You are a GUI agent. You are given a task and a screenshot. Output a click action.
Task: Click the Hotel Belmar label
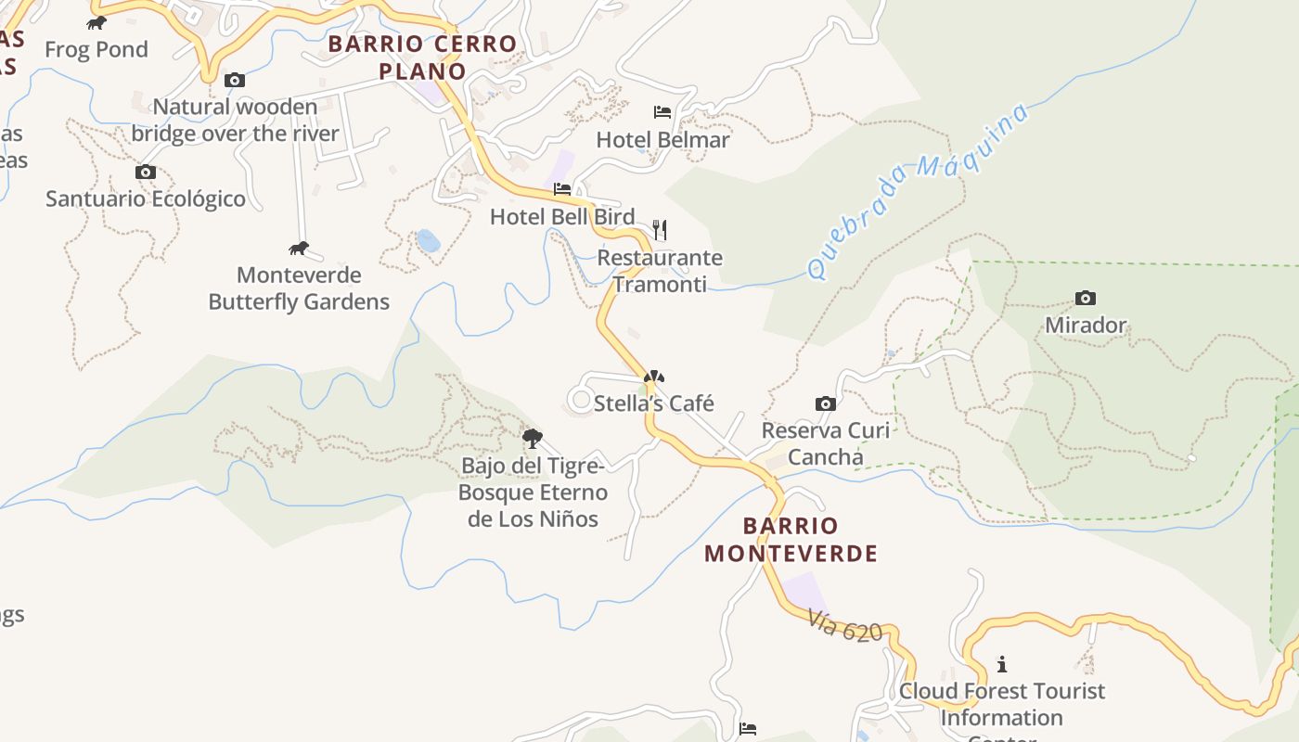662,140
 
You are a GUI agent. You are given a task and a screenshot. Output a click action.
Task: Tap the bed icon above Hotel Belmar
662,112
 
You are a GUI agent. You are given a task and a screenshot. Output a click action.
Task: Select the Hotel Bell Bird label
562,217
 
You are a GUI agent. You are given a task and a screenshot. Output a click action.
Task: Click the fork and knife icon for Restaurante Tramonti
660,229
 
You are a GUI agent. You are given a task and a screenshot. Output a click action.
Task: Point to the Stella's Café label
654,403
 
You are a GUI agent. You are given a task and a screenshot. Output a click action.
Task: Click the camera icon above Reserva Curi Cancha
825,403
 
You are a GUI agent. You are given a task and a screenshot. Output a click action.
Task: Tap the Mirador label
1086,326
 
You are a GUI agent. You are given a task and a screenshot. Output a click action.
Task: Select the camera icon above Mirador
1086,298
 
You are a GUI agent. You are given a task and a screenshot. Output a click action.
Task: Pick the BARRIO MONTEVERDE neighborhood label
791,540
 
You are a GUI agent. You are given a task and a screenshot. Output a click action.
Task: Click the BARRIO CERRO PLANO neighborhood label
422,58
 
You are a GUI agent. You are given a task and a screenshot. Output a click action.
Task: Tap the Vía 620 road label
844,626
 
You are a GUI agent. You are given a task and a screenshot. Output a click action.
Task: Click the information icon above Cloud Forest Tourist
1001,664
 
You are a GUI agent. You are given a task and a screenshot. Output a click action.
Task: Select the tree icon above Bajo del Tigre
532,439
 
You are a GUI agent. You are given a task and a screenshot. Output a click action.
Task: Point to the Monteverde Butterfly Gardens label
299,288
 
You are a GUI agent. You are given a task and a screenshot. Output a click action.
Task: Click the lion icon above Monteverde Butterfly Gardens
299,249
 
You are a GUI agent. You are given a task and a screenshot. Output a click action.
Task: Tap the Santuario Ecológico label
146,198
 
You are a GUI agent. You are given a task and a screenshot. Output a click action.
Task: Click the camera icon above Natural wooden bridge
235,81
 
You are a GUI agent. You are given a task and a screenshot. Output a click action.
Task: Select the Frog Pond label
96,49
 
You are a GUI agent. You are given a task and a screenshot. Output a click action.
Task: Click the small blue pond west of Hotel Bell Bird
428,241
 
